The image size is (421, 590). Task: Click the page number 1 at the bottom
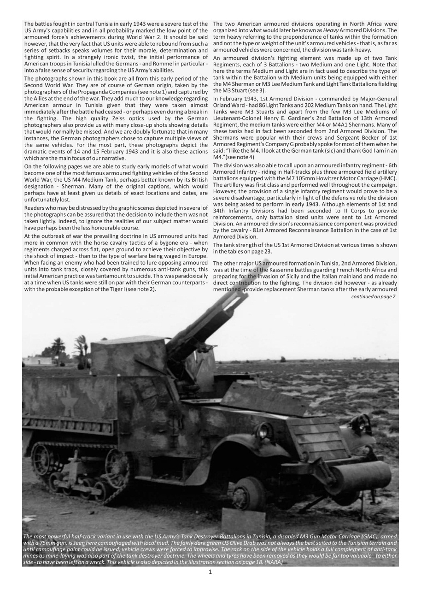pyautogui.click(x=210, y=572)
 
